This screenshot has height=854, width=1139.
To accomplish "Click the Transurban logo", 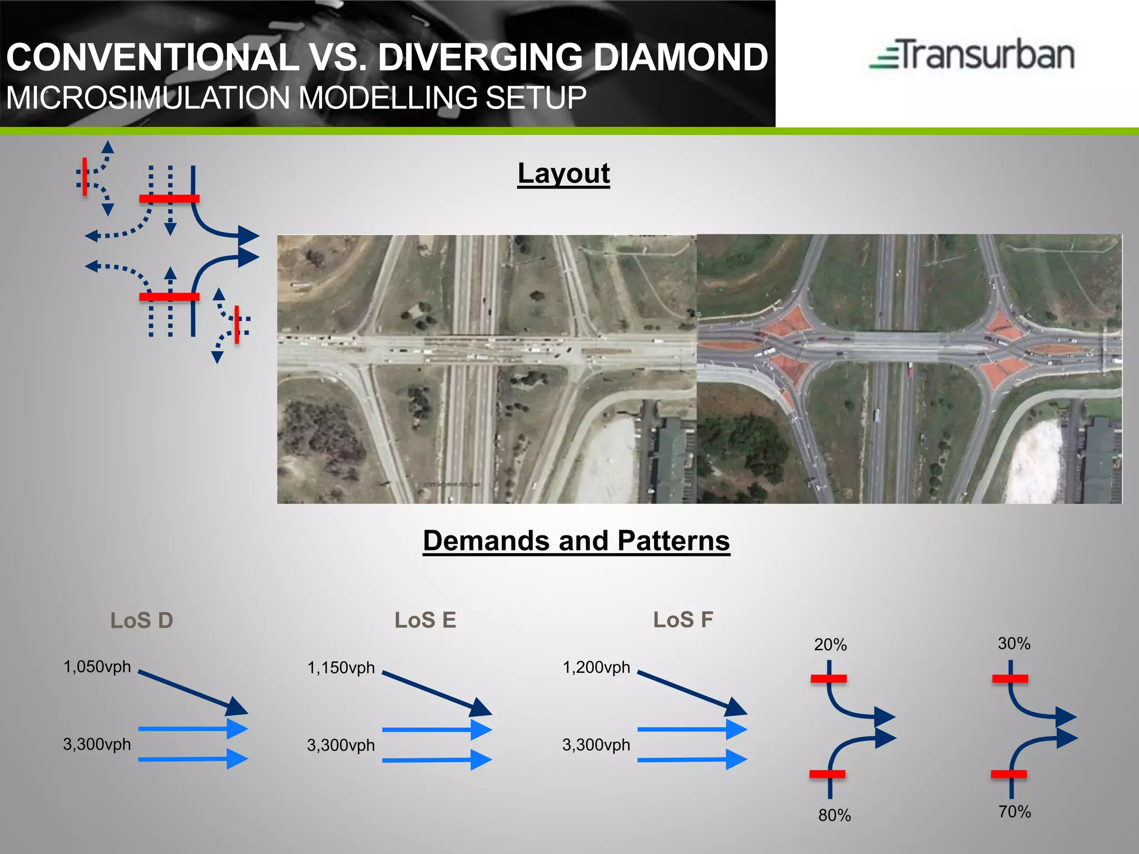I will pyautogui.click(x=972, y=55).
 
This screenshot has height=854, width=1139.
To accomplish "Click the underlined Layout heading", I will pyautogui.click(x=563, y=173).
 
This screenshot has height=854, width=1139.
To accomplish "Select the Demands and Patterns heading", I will pyautogui.click(x=576, y=540).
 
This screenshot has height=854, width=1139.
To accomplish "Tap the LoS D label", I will pyautogui.click(x=142, y=620).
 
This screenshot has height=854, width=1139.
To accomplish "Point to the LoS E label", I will pyautogui.click(x=425, y=620).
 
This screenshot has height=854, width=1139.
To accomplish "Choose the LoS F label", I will pyautogui.click(x=683, y=619).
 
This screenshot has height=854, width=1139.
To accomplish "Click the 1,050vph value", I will pyautogui.click(x=97, y=667).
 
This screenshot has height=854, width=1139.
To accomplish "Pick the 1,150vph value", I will pyautogui.click(x=341, y=668).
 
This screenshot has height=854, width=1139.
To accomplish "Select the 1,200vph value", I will pyautogui.click(x=596, y=667).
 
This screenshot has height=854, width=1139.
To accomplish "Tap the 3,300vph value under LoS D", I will pyautogui.click(x=97, y=744).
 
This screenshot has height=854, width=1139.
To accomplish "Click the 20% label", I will pyautogui.click(x=830, y=645).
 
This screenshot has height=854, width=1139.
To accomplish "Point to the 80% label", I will pyautogui.click(x=834, y=815).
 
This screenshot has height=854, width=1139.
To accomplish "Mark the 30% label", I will pyautogui.click(x=1014, y=644).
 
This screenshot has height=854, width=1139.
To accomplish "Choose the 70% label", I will pyautogui.click(x=1014, y=812).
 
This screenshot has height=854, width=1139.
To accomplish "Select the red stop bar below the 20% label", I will pyautogui.click(x=829, y=678).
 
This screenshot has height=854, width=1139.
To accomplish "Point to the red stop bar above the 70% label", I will pyautogui.click(x=1009, y=774).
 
